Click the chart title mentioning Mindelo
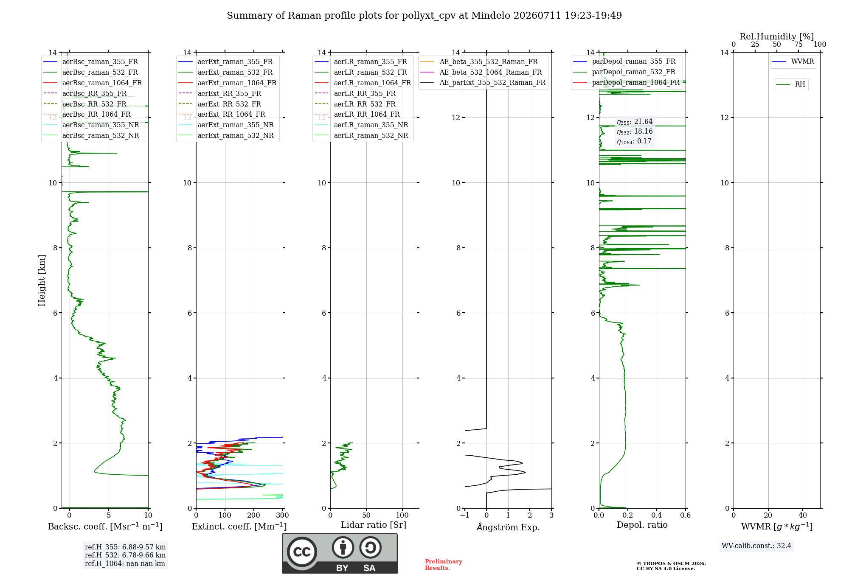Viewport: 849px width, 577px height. [x=424, y=16]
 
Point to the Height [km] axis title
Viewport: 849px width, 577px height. [x=42, y=280]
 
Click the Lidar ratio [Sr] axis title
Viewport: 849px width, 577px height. [x=374, y=525]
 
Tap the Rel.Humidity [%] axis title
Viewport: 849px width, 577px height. [x=777, y=36]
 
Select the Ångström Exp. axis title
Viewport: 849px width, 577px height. [x=508, y=527]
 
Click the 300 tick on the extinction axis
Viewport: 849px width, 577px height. [x=282, y=515]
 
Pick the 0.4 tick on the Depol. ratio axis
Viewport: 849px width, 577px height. [x=657, y=515]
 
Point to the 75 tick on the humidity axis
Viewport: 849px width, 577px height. [x=798, y=45]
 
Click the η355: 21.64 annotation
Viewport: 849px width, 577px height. [x=635, y=122]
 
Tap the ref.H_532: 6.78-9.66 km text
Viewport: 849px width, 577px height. [x=125, y=555]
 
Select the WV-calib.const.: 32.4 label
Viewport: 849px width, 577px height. [x=756, y=546]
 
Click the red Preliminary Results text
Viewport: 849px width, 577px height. [x=444, y=565]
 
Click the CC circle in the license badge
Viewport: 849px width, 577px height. [x=302, y=552]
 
